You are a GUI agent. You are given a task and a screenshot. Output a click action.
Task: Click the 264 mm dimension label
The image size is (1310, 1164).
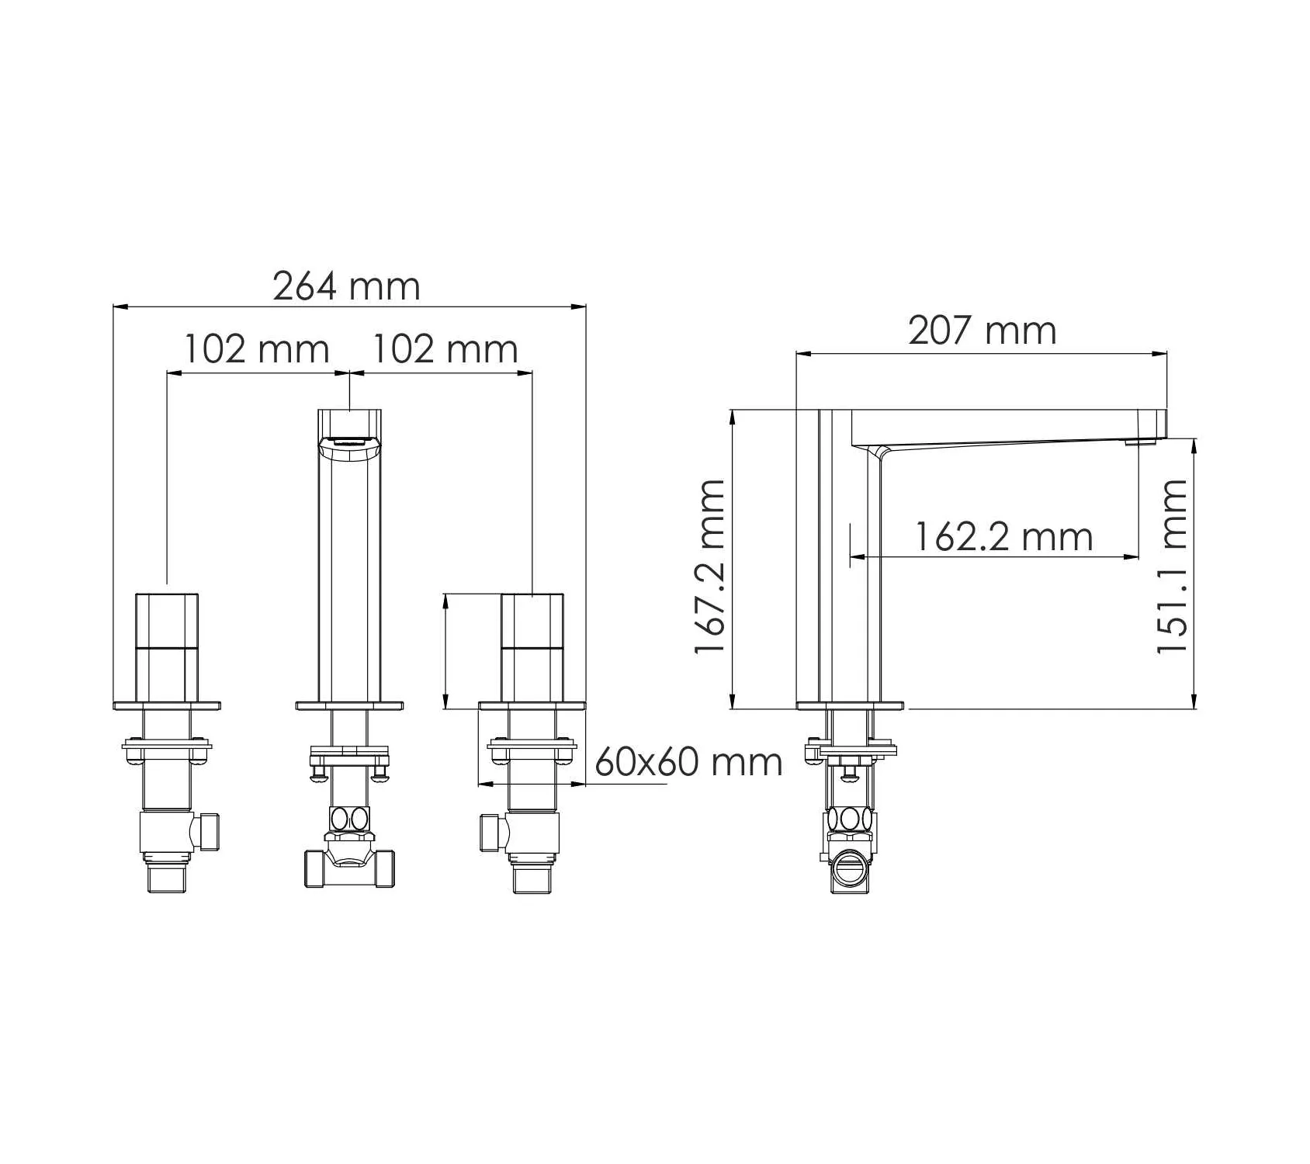click(x=346, y=286)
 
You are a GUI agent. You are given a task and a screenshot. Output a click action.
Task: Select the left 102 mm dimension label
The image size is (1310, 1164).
click(x=256, y=349)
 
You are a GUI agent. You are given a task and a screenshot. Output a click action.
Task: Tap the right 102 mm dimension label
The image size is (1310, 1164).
click(x=445, y=349)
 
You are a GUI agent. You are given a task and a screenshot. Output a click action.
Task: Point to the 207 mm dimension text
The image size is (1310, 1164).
click(x=982, y=331)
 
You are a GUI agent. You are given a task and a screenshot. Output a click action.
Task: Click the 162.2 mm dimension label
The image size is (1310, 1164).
click(x=1004, y=536)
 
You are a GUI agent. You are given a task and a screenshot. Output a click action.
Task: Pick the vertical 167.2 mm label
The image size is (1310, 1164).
click(x=710, y=566)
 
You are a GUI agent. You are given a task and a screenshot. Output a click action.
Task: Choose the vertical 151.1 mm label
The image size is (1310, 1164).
click(x=1172, y=566)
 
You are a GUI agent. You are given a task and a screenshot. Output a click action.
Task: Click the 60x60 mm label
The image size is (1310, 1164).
click(x=688, y=762)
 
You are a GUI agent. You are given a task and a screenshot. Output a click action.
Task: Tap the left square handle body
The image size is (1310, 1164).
click(x=167, y=648)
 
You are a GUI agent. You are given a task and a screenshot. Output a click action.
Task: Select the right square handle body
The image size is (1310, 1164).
click(x=532, y=648)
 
